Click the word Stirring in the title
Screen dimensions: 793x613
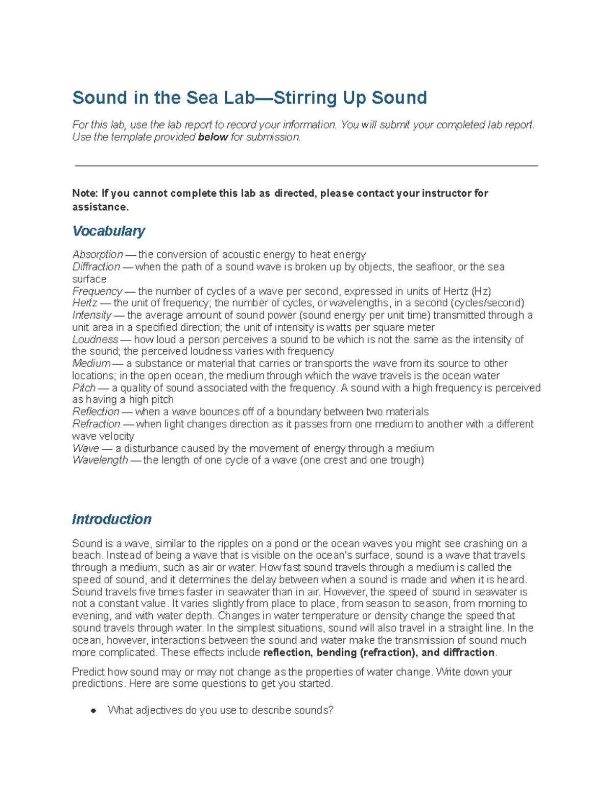pos(304,98)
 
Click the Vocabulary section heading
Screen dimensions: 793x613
pos(108,231)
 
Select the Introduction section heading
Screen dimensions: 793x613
pos(111,519)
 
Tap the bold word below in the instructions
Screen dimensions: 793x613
pos(213,137)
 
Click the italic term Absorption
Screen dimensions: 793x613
pos(98,254)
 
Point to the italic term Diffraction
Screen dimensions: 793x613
pos(96,267)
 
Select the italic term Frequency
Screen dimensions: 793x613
pos(97,291)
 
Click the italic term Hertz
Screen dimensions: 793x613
pos(85,303)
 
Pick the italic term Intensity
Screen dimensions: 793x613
pos(91,315)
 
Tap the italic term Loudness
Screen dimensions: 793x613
pos(95,340)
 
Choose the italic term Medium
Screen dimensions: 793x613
pos(91,364)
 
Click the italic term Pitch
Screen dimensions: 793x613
pos(84,388)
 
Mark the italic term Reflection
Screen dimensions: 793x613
pos(96,412)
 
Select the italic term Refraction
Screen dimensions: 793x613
pos(96,424)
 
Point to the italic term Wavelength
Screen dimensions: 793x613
pos(100,460)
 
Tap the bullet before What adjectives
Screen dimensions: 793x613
pos(93,711)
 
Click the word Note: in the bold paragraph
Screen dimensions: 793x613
pos(85,193)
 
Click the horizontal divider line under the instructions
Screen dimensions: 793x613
pos(306,165)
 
